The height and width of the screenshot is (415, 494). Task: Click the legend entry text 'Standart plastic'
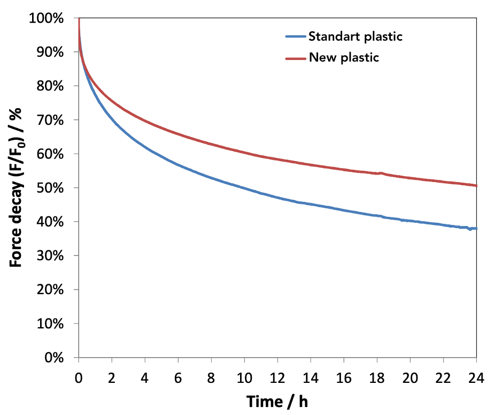coord(355,36)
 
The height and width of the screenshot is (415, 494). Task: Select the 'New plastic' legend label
coord(344,57)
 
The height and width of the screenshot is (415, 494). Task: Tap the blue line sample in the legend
coord(296,36)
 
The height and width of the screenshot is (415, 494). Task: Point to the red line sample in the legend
coord(296,57)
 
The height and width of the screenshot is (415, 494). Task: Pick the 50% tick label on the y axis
coord(51,188)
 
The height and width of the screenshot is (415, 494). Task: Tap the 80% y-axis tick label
coord(51,86)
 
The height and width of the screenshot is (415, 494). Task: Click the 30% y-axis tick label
coord(51,255)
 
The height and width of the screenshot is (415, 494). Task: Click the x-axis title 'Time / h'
coord(277,401)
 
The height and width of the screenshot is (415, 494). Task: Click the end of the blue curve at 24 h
coord(475,229)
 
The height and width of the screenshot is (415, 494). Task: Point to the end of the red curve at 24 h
coord(475,185)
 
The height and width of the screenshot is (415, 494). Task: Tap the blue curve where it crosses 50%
coord(242,188)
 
